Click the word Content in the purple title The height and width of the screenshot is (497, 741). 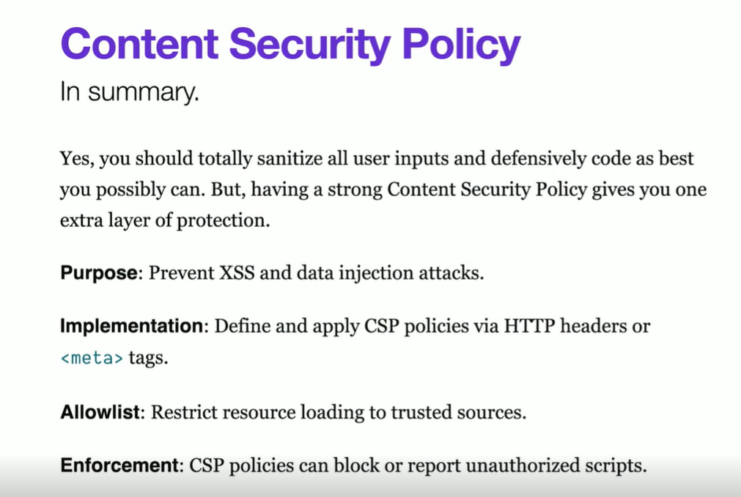click(139, 43)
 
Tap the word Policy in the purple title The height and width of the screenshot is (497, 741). click(461, 46)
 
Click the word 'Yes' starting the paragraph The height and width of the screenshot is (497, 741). click(75, 159)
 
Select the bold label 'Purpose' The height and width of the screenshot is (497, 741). click(99, 273)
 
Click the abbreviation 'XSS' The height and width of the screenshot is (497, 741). click(237, 273)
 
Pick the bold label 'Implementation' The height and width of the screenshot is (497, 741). click(131, 326)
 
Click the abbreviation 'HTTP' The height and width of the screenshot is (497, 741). click(528, 326)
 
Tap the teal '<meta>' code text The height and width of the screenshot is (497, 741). click(92, 358)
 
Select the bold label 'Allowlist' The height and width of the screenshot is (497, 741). click(100, 412)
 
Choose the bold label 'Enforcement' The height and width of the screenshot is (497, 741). click(119, 466)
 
